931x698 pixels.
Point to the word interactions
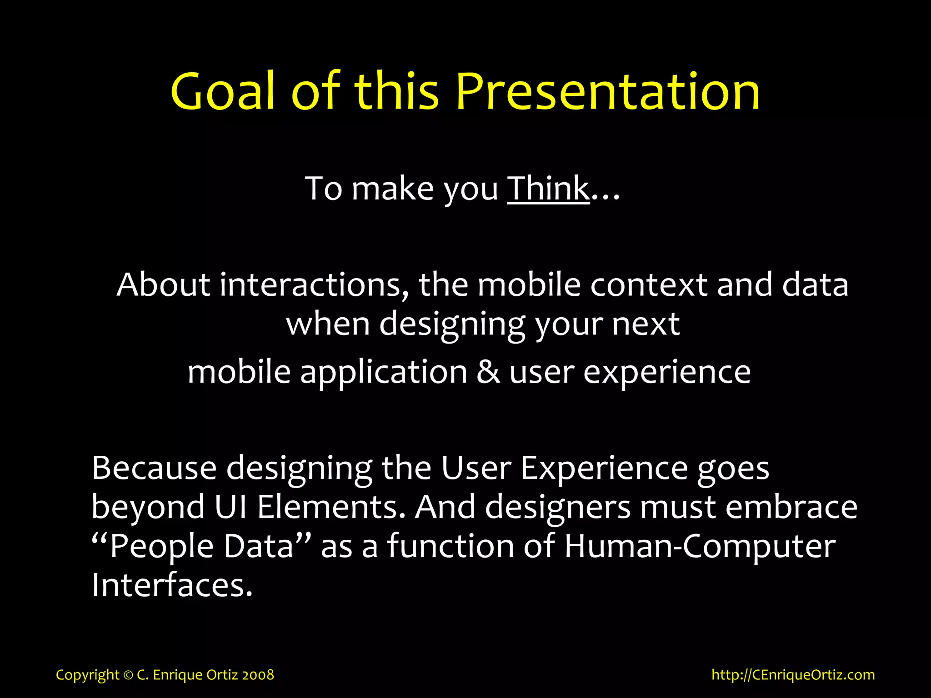pyautogui.click(x=314, y=285)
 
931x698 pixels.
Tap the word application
pyautogui.click(x=384, y=372)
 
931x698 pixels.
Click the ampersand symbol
pyautogui.click(x=488, y=372)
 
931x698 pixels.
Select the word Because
pyautogui.click(x=154, y=468)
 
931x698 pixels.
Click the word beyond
pyautogui.click(x=148, y=507)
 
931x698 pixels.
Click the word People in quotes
pyautogui.click(x=161, y=546)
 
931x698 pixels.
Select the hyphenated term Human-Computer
pyautogui.click(x=700, y=546)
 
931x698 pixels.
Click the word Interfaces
pyautogui.click(x=171, y=585)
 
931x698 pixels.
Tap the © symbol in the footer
pyautogui.click(x=128, y=675)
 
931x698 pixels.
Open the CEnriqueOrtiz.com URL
pyautogui.click(x=793, y=675)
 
